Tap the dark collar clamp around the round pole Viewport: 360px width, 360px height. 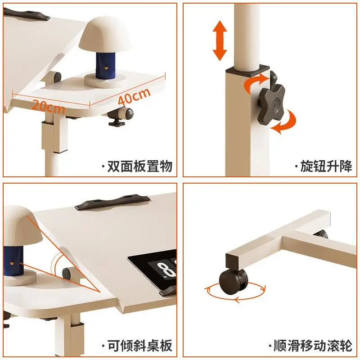coord(247,71)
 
